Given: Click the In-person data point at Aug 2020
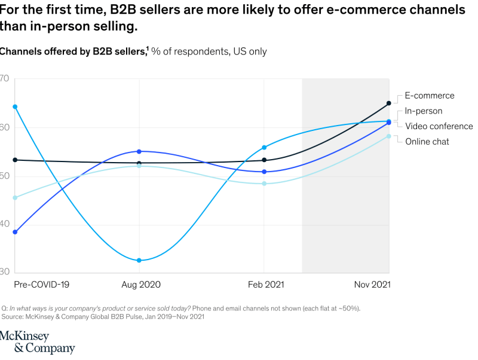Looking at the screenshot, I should tap(139, 260).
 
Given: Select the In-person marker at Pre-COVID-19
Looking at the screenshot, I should tap(15, 107).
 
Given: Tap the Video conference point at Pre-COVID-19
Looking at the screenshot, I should tap(15, 232).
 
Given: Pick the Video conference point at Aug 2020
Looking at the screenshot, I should tap(139, 151).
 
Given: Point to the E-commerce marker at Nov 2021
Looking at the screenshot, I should tap(389, 103).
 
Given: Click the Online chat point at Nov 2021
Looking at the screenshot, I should tap(389, 136).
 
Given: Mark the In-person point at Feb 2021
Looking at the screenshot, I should tap(265, 147).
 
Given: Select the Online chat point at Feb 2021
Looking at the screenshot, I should tap(265, 184).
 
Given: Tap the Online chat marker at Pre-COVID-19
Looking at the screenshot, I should tap(15, 197).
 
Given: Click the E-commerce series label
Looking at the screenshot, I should tap(429, 96).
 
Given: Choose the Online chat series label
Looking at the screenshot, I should tap(427, 142).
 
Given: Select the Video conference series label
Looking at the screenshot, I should tap(439, 126).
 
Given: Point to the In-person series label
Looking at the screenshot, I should tap(423, 111).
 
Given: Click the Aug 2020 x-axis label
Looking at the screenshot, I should tap(141, 285).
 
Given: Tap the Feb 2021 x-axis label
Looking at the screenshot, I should tap(266, 285).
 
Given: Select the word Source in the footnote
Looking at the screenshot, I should tap(13, 317).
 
